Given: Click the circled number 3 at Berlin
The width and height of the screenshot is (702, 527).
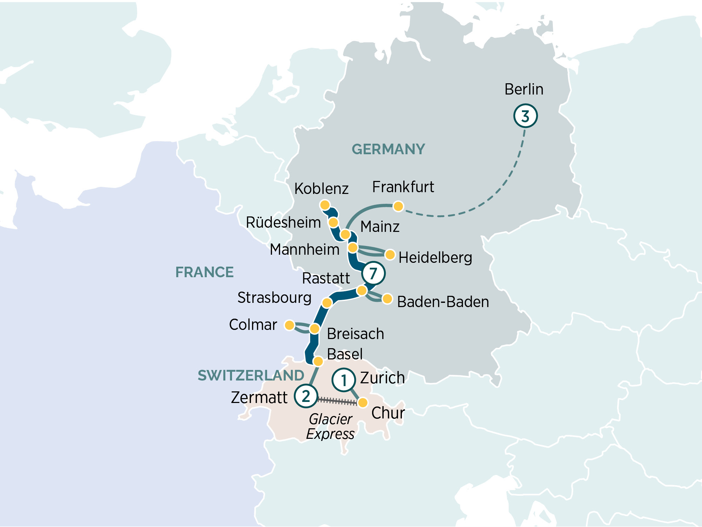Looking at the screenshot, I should click(x=525, y=116).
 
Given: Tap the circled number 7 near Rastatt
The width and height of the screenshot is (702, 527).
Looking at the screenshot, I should click(x=373, y=273).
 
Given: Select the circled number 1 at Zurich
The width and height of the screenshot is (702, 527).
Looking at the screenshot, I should click(x=344, y=380).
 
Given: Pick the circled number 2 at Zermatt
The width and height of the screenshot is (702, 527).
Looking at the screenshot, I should click(x=306, y=396).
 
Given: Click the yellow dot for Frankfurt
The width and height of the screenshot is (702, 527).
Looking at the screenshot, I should click(x=398, y=206).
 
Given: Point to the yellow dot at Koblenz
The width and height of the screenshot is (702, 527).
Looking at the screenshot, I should click(x=325, y=205).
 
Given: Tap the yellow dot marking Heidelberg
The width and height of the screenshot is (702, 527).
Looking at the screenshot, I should click(x=390, y=255).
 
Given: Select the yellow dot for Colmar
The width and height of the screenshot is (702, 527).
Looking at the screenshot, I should click(x=290, y=325).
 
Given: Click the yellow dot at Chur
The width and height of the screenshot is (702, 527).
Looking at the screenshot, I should click(x=363, y=402).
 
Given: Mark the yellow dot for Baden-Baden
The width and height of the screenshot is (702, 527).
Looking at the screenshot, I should click(x=387, y=299).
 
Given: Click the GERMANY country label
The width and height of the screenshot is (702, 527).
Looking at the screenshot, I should click(x=388, y=149).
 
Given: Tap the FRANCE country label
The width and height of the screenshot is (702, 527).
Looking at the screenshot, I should click(x=204, y=272).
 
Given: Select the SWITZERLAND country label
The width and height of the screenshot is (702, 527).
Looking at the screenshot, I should click(x=251, y=375).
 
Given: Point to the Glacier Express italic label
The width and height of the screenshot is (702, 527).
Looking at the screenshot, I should click(x=330, y=427).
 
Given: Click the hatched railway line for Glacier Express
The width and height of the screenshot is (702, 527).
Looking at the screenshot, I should click(x=337, y=401).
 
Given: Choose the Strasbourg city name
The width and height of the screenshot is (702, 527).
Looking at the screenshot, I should click(x=274, y=298).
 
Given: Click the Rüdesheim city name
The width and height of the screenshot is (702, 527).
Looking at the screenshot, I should click(x=283, y=222).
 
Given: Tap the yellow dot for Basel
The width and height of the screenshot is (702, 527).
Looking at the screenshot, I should click(x=318, y=361).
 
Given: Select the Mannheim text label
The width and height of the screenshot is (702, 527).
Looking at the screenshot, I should click(x=304, y=249).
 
